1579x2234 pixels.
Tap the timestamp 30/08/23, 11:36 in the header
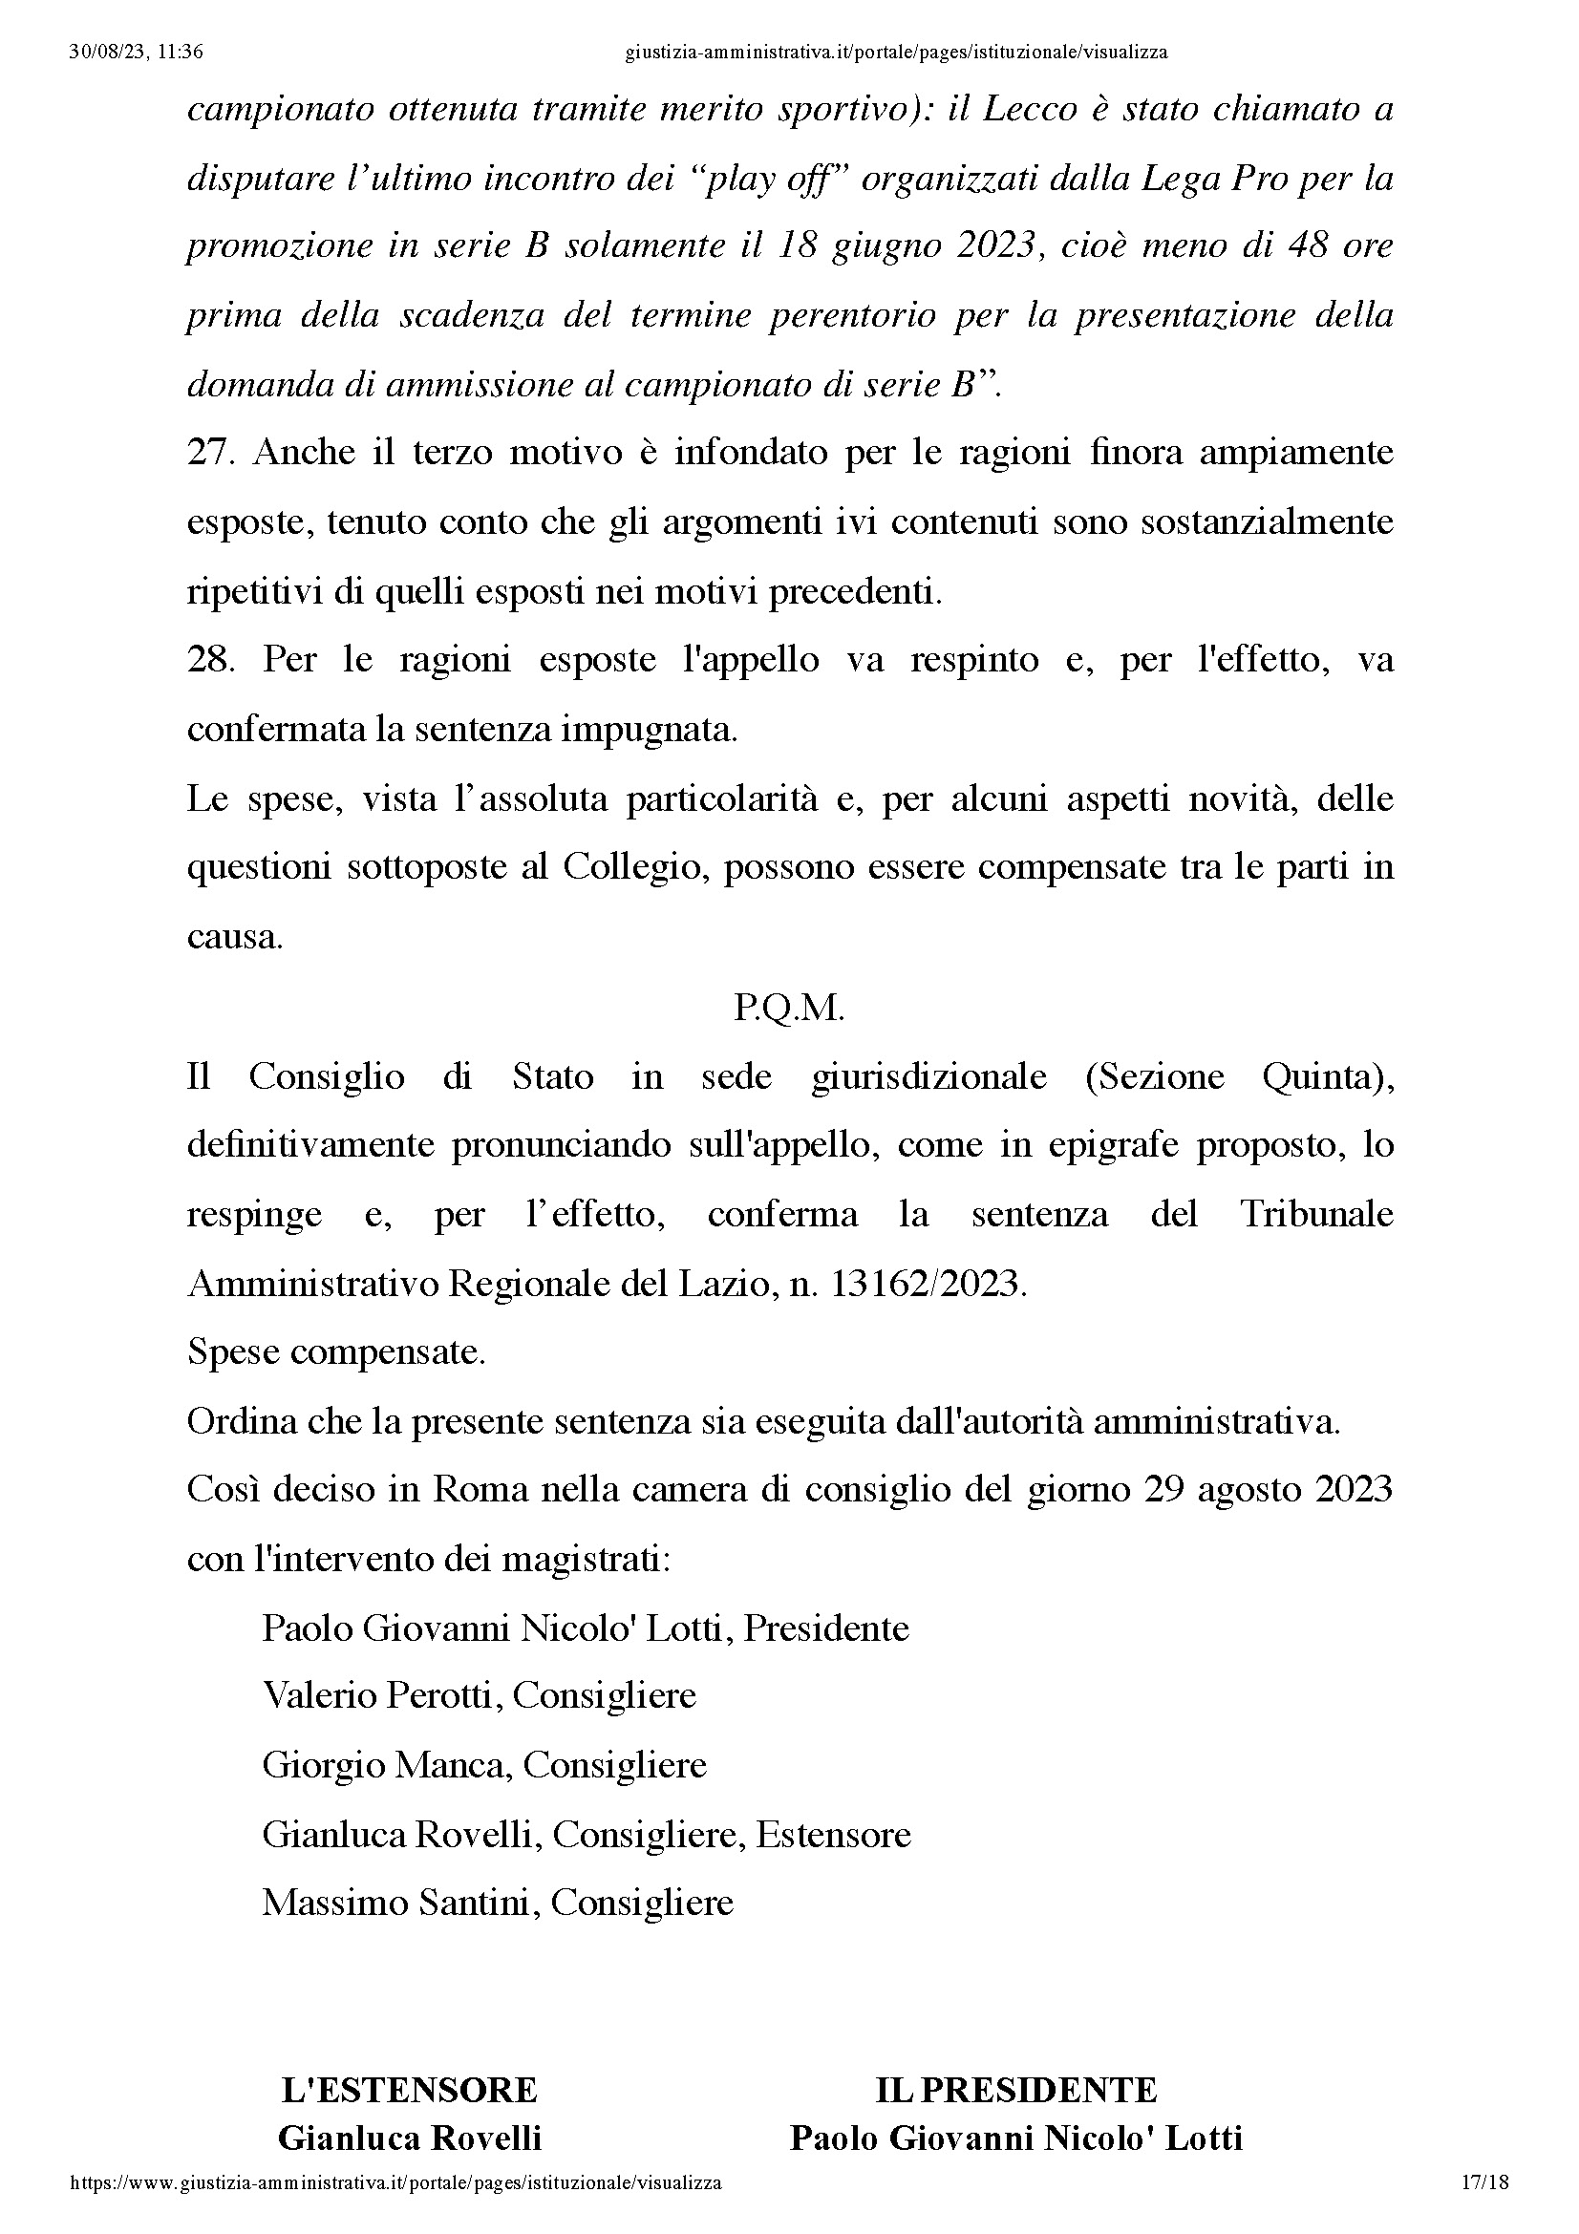137,53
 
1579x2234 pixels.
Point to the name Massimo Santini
400,1903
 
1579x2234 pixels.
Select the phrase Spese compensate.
335,1351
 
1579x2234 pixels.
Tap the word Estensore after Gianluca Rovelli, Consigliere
833,1834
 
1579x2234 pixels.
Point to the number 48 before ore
1307,245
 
